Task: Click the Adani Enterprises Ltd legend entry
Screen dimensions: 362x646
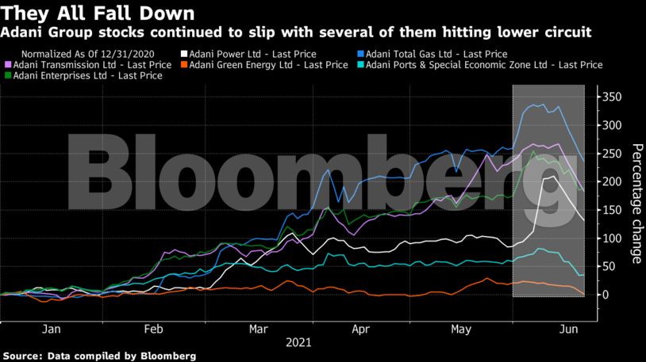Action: [83, 76]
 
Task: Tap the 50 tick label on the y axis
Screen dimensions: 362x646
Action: [608, 266]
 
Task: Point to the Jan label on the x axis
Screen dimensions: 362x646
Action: [52, 330]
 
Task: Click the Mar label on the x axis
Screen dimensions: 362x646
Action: [259, 330]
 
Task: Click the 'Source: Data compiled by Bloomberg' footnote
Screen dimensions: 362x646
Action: [98, 356]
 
